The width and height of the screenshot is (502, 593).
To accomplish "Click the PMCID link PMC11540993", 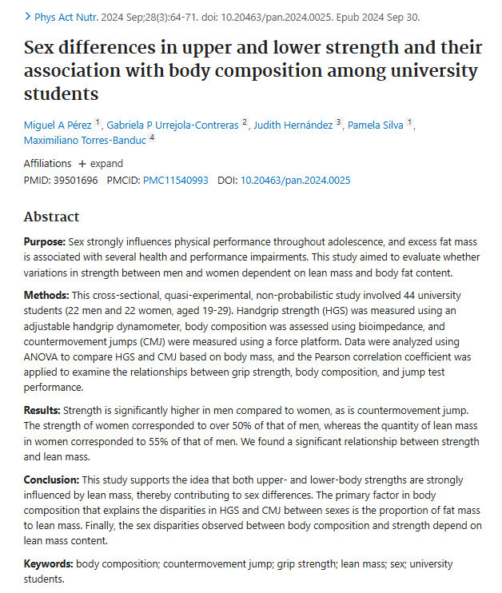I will [x=176, y=180].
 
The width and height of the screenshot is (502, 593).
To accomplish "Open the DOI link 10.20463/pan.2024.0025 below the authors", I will [x=295, y=180].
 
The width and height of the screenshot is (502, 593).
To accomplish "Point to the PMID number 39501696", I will [x=75, y=180].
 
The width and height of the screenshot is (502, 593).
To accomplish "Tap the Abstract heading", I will [x=51, y=217].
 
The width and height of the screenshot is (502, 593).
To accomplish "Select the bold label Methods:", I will [x=45, y=296].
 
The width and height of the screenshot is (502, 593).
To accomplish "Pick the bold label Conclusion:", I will [x=50, y=480].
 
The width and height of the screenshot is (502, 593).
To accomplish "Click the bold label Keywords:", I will [x=48, y=563].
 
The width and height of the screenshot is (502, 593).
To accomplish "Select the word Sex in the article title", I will [x=41, y=49].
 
